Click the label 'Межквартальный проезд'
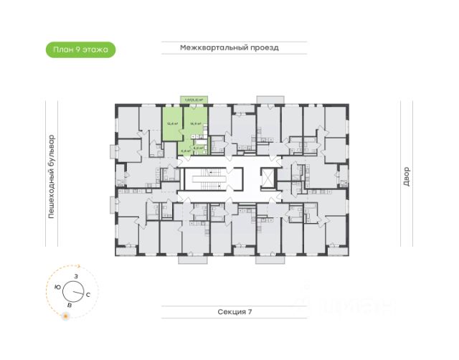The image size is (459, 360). [x=229, y=48]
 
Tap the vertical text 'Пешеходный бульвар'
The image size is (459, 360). [x=52, y=179]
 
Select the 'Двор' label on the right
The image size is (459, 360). [x=406, y=177]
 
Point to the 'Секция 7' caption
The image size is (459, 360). [x=235, y=312]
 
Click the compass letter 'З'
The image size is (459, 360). [x=75, y=277]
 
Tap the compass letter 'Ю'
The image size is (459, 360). [x=57, y=287]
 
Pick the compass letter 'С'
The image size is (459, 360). [x=87, y=295]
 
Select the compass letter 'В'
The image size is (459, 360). [x=69, y=305]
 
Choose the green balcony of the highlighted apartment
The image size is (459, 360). [x=194, y=100]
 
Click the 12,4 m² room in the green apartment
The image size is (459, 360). [x=172, y=123]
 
